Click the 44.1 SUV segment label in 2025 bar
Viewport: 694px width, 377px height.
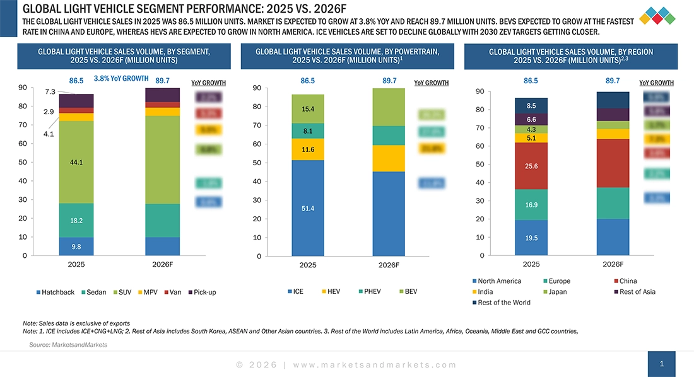point(76,162)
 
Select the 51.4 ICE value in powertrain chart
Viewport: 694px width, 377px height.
point(308,207)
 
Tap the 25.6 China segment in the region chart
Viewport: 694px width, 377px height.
point(531,166)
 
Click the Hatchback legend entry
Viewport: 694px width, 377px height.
point(56,292)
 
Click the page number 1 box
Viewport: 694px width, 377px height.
point(661,364)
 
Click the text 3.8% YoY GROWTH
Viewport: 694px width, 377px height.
point(121,79)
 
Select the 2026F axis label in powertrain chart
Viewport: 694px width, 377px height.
point(389,265)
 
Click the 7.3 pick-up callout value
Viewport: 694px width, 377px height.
point(50,92)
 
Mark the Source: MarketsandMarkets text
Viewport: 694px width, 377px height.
point(68,345)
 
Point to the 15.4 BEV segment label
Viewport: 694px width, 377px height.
point(308,109)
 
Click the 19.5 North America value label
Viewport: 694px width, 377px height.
point(531,238)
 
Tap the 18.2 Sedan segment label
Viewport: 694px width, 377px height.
point(76,221)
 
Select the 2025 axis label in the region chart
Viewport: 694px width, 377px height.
point(531,264)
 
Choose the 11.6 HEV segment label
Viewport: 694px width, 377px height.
point(308,149)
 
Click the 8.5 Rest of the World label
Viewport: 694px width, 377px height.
point(531,106)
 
